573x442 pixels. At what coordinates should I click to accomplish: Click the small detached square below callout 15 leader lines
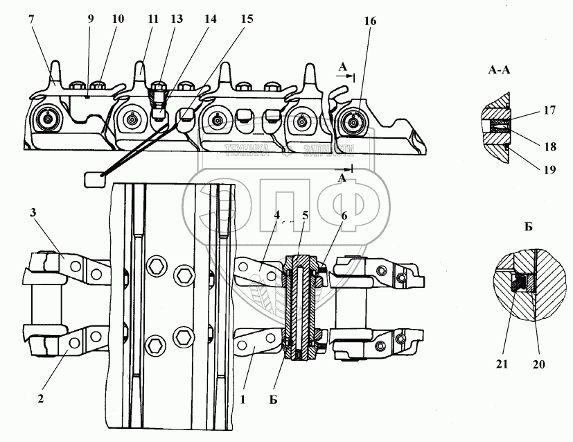[93, 180]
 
